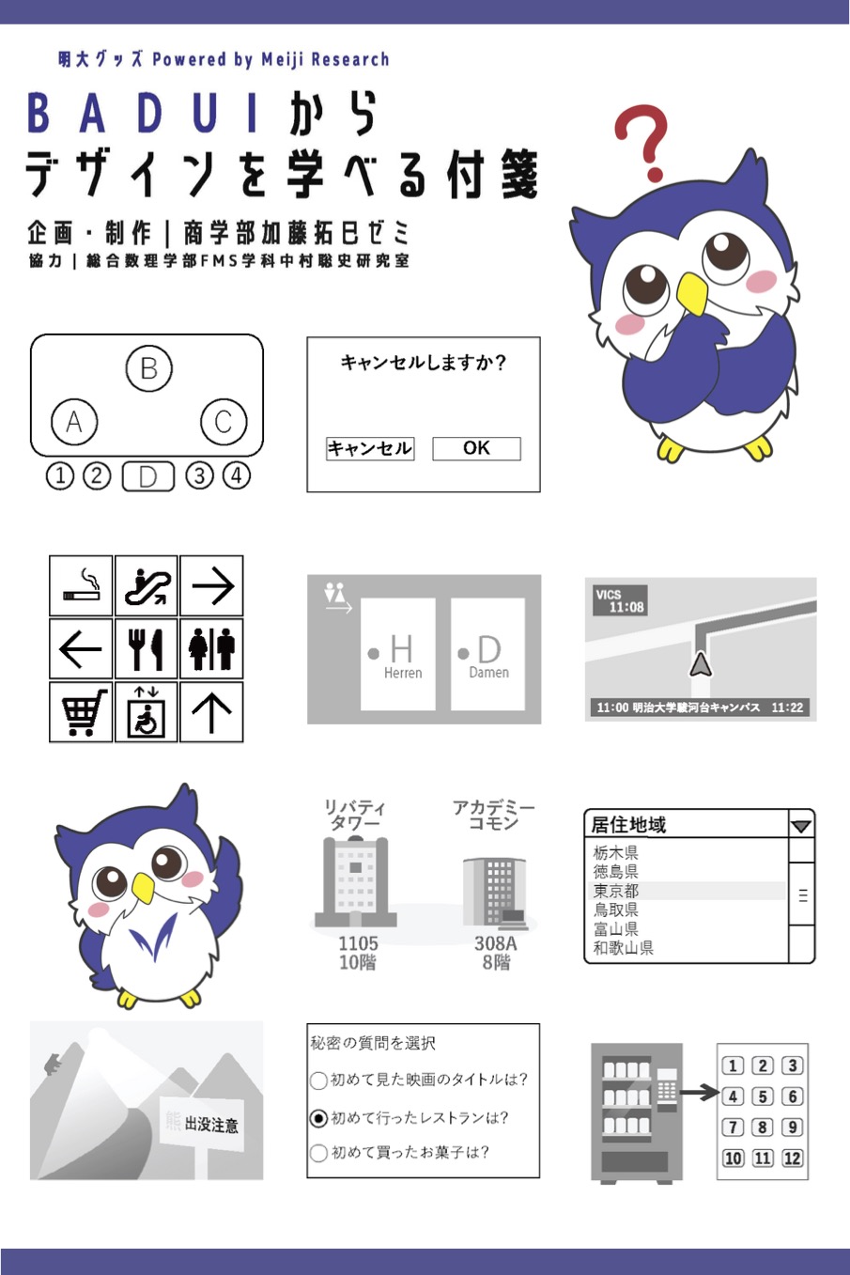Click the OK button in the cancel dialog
pyautogui.click(x=476, y=448)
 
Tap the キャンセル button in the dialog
pyautogui.click(x=370, y=448)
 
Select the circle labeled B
pyautogui.click(x=148, y=368)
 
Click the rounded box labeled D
pyautogui.click(x=147, y=476)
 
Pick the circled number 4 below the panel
pyautogui.click(x=236, y=475)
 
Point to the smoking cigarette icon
pyautogui.click(x=82, y=586)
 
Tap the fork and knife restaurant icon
pyautogui.click(x=147, y=649)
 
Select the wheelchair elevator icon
pyautogui.click(x=147, y=712)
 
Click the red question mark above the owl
pyautogui.click(x=644, y=142)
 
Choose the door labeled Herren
pyautogui.click(x=397, y=654)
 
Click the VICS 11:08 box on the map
pyautogui.click(x=620, y=600)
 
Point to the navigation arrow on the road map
pyautogui.click(x=701, y=665)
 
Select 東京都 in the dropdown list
pyautogui.click(x=615, y=891)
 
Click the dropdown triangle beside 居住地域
pyautogui.click(x=801, y=827)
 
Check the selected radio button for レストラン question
pyautogui.click(x=318, y=1118)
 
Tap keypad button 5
pyautogui.click(x=763, y=1096)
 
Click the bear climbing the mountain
pyautogui.click(x=54, y=1064)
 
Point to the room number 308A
pyautogui.click(x=496, y=943)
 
